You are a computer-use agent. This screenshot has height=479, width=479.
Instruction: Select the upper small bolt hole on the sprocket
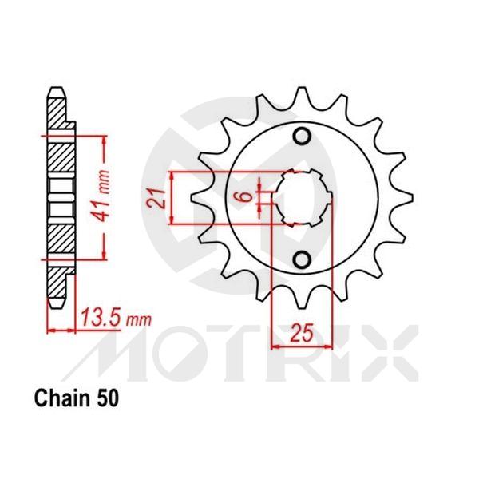click(303, 137)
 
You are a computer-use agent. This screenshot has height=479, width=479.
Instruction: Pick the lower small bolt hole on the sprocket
click(303, 259)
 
